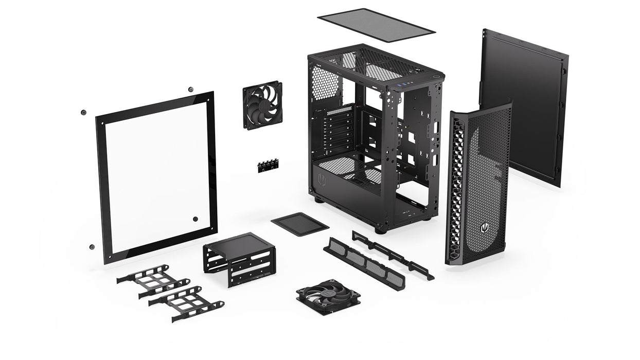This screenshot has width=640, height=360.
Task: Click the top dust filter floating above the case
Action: (376, 24)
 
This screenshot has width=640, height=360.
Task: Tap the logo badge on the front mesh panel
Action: (485, 227)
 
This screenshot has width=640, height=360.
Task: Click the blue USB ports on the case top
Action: (406, 84)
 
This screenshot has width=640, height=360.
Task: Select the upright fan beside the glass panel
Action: (262, 105)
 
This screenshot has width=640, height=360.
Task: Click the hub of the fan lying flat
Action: (328, 297)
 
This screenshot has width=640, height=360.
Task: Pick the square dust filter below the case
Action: (300, 224)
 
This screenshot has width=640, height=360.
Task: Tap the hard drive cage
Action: (239, 257)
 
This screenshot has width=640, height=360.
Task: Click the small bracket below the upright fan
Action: (269, 165)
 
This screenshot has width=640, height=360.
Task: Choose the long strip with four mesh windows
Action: (364, 263)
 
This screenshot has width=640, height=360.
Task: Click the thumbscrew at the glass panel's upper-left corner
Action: (83, 112)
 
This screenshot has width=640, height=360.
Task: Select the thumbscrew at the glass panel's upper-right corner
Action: (191, 89)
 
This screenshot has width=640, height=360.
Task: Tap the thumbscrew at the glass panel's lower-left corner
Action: (92, 247)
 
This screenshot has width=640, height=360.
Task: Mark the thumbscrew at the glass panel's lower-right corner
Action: (195, 219)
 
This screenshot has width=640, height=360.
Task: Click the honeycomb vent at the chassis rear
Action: (325, 84)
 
